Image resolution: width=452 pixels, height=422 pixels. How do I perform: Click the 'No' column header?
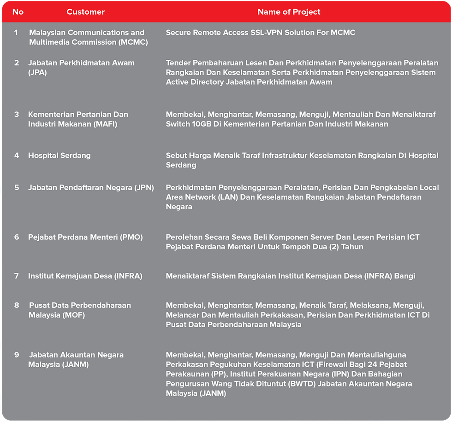coord(18,12)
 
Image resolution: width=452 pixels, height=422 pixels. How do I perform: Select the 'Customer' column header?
coord(86,12)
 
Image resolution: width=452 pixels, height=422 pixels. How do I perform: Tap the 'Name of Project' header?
coord(289,12)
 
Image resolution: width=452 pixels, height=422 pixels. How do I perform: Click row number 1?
coord(16,33)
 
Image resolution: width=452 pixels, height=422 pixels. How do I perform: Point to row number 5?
coord(17,187)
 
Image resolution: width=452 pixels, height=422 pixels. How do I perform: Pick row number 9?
coord(17,355)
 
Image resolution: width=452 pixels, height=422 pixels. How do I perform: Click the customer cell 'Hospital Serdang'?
coord(59,156)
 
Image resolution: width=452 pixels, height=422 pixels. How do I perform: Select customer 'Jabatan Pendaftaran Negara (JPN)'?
coord(91,187)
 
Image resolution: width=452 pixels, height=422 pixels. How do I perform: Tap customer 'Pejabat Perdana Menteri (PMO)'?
coord(85,237)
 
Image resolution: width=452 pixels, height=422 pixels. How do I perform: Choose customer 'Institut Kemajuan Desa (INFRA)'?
coord(85,276)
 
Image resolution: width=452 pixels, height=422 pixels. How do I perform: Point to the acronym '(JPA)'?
coord(38,72)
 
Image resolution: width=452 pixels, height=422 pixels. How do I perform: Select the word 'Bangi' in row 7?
coord(404,276)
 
